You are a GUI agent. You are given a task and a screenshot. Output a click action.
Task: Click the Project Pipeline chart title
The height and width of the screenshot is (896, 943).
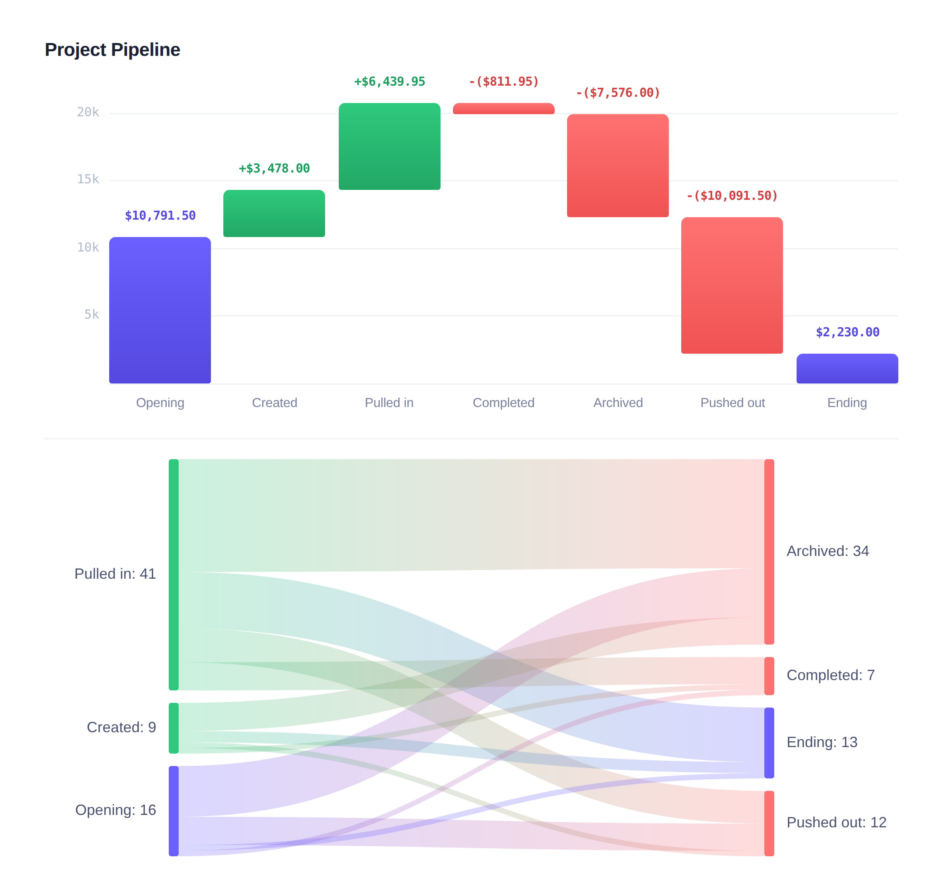click(x=112, y=50)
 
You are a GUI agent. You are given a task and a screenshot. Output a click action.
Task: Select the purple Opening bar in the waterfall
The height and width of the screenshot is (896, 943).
click(x=160, y=310)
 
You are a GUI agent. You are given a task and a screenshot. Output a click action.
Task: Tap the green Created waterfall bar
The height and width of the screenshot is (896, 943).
click(x=274, y=213)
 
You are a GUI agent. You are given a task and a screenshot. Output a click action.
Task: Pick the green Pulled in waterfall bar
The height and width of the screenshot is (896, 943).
click(x=389, y=146)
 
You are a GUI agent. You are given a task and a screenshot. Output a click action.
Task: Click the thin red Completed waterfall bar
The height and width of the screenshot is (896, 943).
click(x=503, y=109)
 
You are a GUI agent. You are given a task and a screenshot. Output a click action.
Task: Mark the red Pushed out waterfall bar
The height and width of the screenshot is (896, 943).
click(x=732, y=285)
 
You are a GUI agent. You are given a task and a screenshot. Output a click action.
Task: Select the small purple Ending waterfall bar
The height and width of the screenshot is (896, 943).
click(x=847, y=368)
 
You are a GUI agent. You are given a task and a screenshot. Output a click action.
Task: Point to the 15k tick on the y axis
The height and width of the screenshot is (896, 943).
click(x=89, y=180)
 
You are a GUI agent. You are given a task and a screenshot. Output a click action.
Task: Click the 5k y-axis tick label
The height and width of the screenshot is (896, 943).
click(x=92, y=315)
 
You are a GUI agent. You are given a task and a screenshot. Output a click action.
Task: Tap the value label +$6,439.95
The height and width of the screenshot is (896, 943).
click(x=389, y=81)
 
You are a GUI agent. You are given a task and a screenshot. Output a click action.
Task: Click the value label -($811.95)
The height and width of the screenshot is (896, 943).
click(x=503, y=81)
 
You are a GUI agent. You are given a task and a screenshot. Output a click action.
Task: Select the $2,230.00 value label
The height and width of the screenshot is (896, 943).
click(x=847, y=333)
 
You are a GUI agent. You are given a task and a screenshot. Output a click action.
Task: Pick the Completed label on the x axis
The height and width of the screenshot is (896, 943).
click(x=503, y=402)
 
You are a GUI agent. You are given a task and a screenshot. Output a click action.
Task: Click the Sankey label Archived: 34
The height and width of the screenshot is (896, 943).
click(x=828, y=551)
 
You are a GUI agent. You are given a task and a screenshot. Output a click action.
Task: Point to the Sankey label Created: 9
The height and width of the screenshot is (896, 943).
click(x=121, y=727)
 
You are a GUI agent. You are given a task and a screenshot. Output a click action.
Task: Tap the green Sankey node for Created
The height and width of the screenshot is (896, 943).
click(x=174, y=728)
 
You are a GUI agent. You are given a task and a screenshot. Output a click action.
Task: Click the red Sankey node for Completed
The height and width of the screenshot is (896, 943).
click(x=769, y=676)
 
